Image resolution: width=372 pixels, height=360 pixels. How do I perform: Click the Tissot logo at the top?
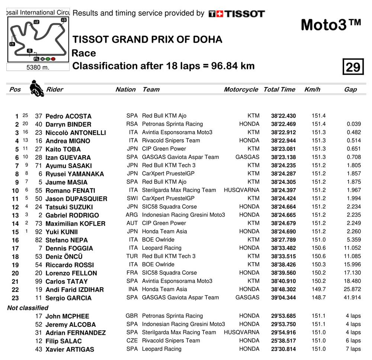(237, 14)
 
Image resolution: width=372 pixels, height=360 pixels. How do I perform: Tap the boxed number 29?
(353, 67)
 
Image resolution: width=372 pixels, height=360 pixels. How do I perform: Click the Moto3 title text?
(331, 25)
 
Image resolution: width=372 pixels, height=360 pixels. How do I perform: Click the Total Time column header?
(279, 89)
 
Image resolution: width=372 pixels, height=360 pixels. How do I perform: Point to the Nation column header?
(125, 89)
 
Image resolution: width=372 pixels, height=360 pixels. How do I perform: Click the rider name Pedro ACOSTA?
(68, 116)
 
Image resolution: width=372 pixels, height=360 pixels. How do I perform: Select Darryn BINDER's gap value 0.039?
(353, 124)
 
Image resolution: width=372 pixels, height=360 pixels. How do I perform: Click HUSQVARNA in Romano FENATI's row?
(241, 190)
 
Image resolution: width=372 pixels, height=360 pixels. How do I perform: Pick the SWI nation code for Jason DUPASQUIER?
(132, 198)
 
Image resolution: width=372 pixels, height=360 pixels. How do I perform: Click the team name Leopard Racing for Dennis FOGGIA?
(162, 248)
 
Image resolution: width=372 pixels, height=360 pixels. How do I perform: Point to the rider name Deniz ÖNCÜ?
(64, 257)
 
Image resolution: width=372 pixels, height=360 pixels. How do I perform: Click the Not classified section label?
(28, 308)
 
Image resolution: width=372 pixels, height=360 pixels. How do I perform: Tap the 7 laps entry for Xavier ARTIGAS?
(353, 349)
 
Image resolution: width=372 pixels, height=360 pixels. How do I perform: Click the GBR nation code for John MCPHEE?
(132, 316)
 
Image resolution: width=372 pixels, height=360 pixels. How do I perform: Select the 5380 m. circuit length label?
(38, 68)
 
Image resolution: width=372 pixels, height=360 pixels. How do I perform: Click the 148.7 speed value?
(318, 298)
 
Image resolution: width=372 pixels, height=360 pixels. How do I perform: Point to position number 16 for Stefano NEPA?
(15, 240)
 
